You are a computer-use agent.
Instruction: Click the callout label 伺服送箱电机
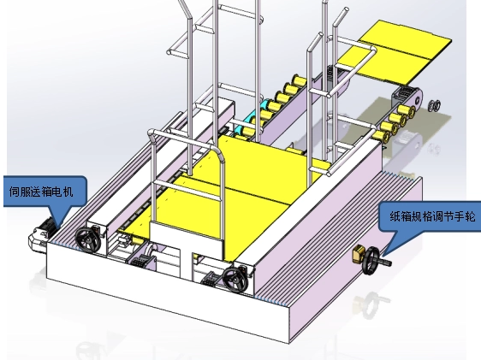tap(41, 192)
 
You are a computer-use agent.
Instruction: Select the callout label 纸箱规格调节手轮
tap(432, 216)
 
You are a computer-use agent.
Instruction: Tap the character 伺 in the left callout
tap(14, 192)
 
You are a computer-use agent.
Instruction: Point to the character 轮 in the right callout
tap(470, 216)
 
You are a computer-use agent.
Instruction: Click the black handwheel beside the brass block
tap(371, 261)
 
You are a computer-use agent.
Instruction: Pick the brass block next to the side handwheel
tap(359, 253)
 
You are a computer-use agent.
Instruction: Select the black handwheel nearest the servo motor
tap(88, 240)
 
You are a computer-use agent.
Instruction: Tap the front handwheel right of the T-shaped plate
tap(235, 280)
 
